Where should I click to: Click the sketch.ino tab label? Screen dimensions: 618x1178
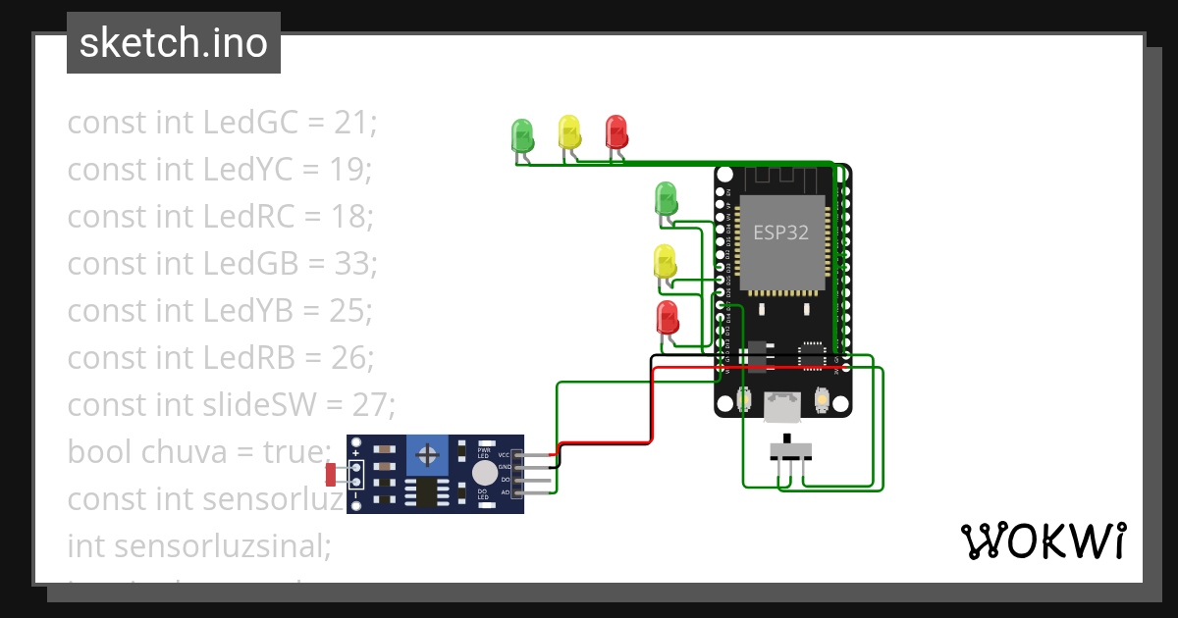click(173, 43)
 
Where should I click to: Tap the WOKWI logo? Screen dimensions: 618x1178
click(1042, 541)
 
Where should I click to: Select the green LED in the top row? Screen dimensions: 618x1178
click(521, 133)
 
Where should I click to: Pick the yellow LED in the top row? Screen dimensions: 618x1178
click(568, 130)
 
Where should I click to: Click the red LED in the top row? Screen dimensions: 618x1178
click(616, 130)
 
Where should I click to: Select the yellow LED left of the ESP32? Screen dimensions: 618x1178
click(665, 262)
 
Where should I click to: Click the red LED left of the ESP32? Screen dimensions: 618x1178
click(667, 318)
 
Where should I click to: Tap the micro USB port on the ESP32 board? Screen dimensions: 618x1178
click(783, 404)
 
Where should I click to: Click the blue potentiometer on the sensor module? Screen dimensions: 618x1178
click(427, 454)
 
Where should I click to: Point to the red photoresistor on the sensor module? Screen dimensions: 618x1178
click(331, 475)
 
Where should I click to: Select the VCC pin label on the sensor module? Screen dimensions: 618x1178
click(505, 455)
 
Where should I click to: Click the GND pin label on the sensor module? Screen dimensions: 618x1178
click(505, 468)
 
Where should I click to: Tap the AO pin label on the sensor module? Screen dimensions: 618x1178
click(505, 491)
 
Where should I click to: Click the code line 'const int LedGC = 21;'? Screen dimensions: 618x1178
click(222, 123)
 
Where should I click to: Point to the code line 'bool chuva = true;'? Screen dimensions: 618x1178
click(200, 452)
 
